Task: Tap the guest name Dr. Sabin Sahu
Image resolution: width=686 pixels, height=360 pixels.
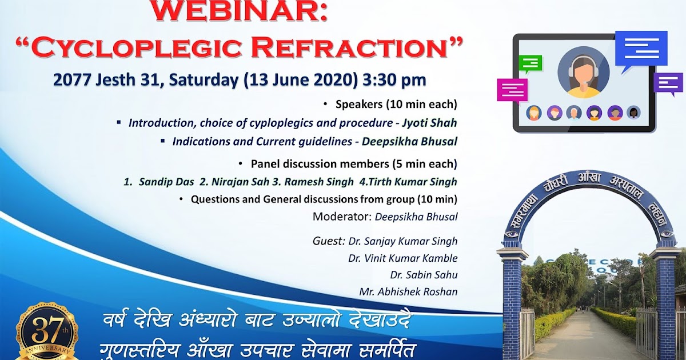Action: [424, 275]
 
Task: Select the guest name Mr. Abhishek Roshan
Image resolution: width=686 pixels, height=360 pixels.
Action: [408, 291]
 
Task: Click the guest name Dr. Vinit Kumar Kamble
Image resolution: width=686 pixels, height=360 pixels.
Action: [402, 258]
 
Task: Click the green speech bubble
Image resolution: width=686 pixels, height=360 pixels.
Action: [530, 64]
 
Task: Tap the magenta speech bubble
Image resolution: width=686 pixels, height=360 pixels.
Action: [512, 90]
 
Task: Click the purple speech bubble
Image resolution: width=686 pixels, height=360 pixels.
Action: [668, 83]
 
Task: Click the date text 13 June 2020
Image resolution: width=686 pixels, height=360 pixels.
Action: [301, 79]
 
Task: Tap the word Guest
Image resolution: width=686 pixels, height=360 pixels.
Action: [329, 241]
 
